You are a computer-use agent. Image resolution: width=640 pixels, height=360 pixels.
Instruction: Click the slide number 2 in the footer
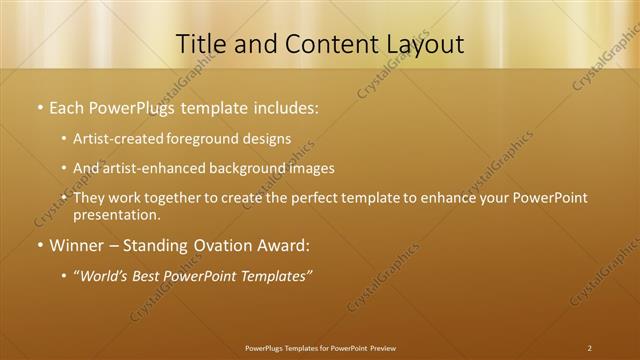pos(589,348)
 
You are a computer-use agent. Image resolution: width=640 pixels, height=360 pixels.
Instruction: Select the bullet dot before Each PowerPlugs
pos(39,106)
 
